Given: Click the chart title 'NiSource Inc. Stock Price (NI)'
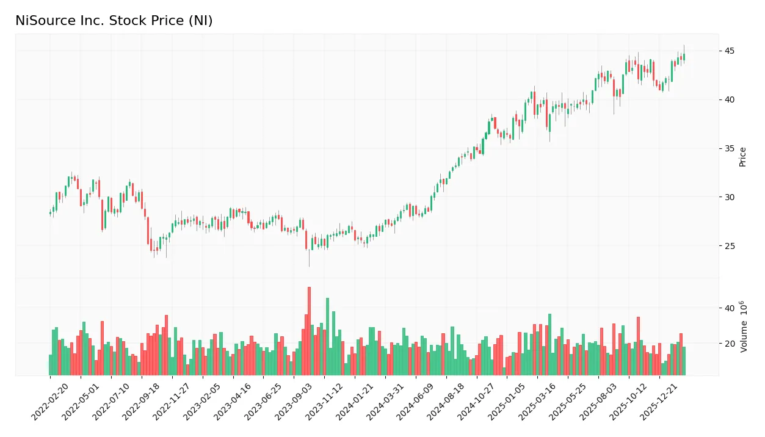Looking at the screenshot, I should pyautogui.click(x=114, y=21).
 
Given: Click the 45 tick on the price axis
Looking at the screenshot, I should pyautogui.click(x=730, y=51).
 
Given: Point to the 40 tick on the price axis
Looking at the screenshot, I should pyautogui.click(x=730, y=99).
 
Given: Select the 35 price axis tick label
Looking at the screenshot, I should pyautogui.click(x=730, y=148).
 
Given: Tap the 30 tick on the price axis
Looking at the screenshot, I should pyautogui.click(x=730, y=197).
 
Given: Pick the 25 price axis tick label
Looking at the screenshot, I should pyautogui.click(x=730, y=246).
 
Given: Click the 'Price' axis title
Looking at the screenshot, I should pyautogui.click(x=743, y=156).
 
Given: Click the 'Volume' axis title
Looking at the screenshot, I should pyautogui.click(x=743, y=327).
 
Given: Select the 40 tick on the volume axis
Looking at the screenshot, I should pyautogui.click(x=730, y=308).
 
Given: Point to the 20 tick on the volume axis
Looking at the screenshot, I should pyautogui.click(x=730, y=344).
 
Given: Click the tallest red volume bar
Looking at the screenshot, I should pyautogui.click(x=309, y=331).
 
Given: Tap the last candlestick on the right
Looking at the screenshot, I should pyautogui.click(x=684, y=57).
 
